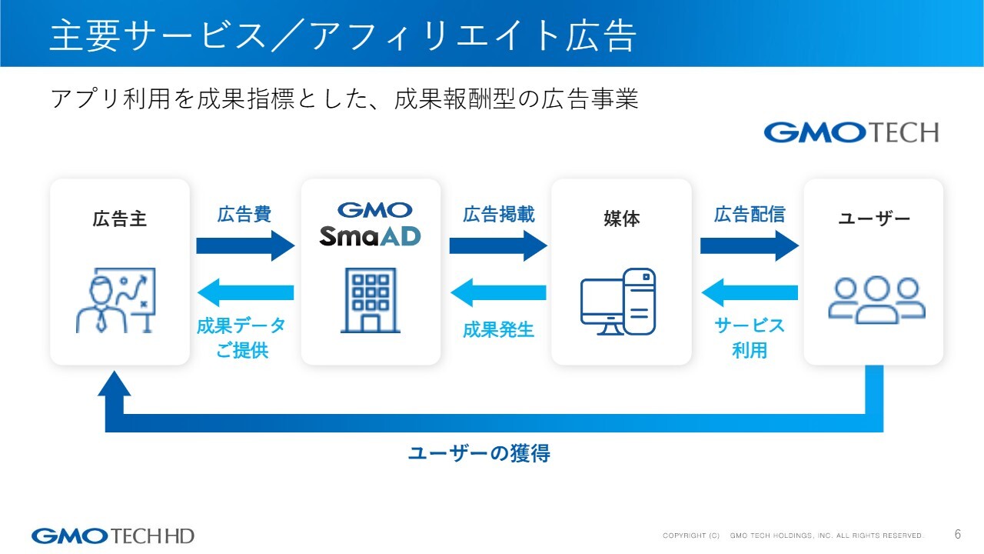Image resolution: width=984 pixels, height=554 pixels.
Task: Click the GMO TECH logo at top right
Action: pyautogui.click(x=851, y=132)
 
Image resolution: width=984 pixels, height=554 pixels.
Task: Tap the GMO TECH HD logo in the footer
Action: pyautogui.click(x=113, y=535)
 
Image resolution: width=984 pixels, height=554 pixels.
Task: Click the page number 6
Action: pyautogui.click(x=958, y=534)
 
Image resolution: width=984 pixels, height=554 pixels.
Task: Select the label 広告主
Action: pyautogui.click(x=119, y=219)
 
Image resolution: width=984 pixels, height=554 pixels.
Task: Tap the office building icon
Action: pyautogui.click(x=370, y=300)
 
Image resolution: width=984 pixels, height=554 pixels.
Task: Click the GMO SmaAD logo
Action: pyautogui.click(x=371, y=223)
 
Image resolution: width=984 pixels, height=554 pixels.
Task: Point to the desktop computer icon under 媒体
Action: pyautogui.click(x=618, y=302)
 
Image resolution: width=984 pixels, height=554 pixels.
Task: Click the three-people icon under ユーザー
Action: pyautogui.click(x=876, y=299)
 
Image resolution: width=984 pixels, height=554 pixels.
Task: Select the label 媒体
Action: pyautogui.click(x=621, y=219)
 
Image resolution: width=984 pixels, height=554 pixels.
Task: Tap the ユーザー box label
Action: pyautogui.click(x=873, y=219)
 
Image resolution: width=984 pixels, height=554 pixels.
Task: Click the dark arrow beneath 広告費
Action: pyautogui.click(x=245, y=245)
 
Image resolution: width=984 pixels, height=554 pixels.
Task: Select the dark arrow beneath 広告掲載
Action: pyautogui.click(x=497, y=245)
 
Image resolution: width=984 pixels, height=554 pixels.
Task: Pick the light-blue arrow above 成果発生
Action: pyautogui.click(x=498, y=292)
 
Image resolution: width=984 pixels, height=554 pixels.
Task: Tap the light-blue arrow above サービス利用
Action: pyautogui.click(x=750, y=292)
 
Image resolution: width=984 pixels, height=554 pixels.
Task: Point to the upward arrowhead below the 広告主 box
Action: pyautogui.click(x=115, y=385)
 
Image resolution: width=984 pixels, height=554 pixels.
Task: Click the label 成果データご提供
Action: pyautogui.click(x=241, y=338)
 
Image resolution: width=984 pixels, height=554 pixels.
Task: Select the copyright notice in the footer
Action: pyautogui.click(x=793, y=536)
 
